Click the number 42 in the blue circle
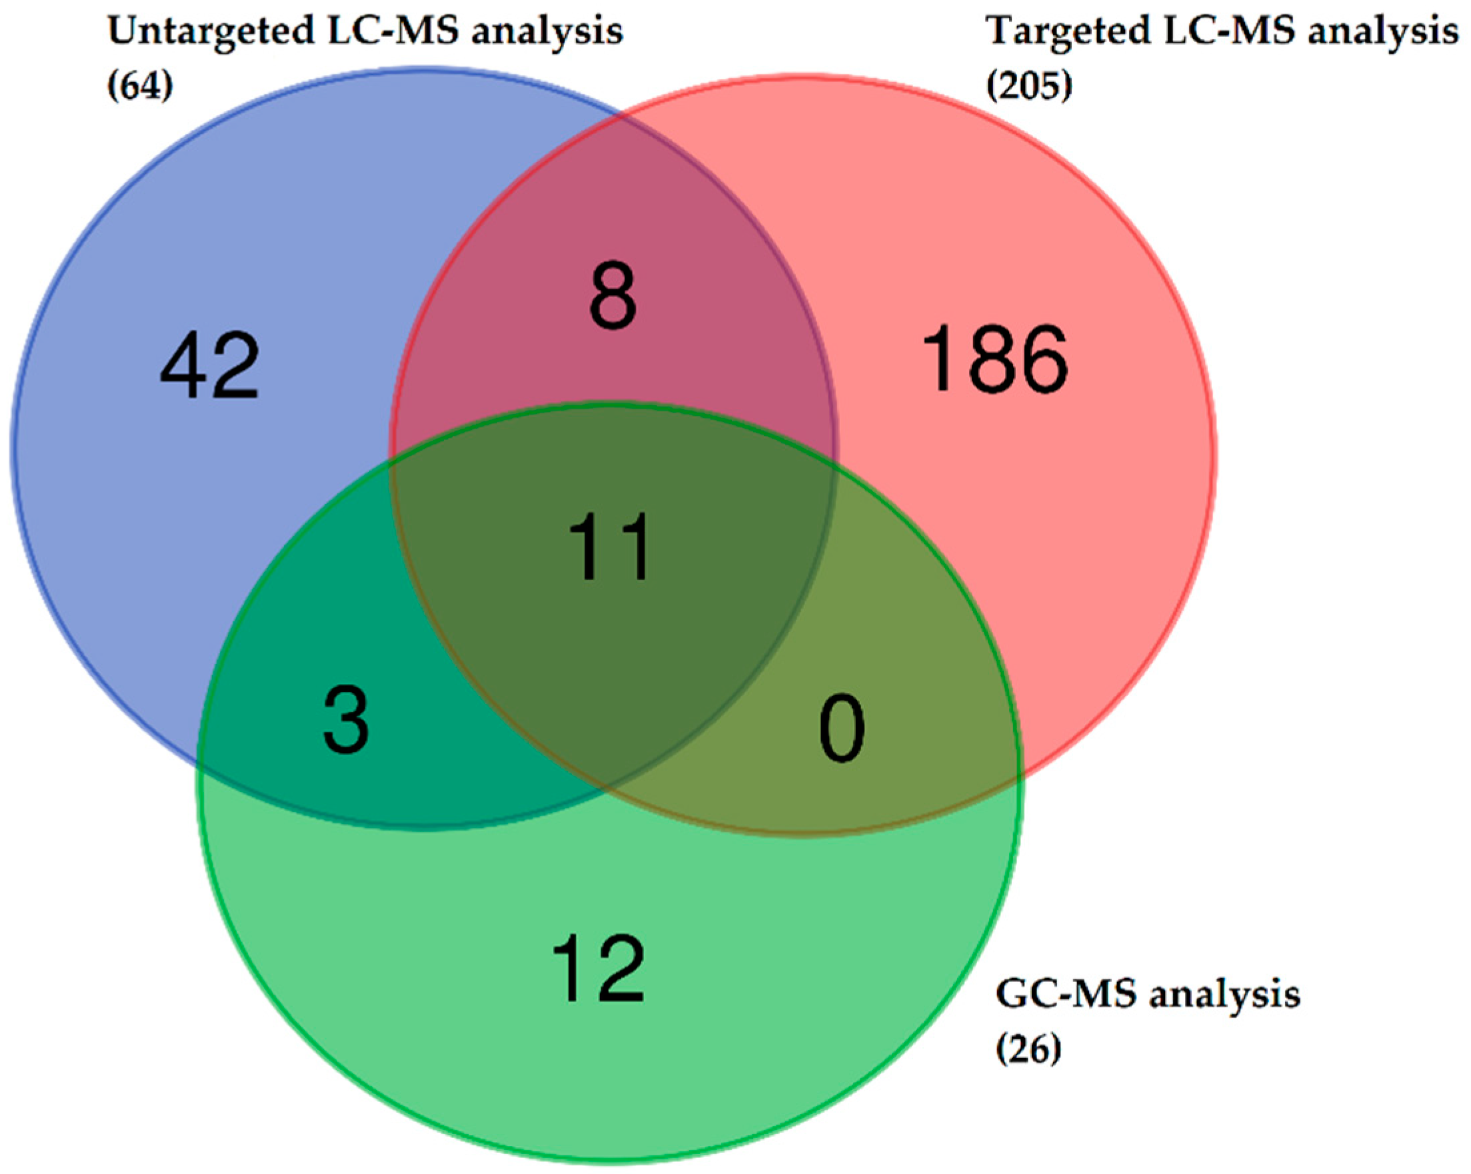pos(209,368)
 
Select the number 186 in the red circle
pos(994,360)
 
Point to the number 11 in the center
pos(609,547)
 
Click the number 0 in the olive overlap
pos(842,728)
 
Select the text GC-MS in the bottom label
pos(1066,995)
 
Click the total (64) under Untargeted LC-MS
pos(140,87)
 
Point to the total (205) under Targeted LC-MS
pos(1029,87)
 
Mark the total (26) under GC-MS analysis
pos(1029,1050)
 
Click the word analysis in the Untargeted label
pos(547,32)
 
